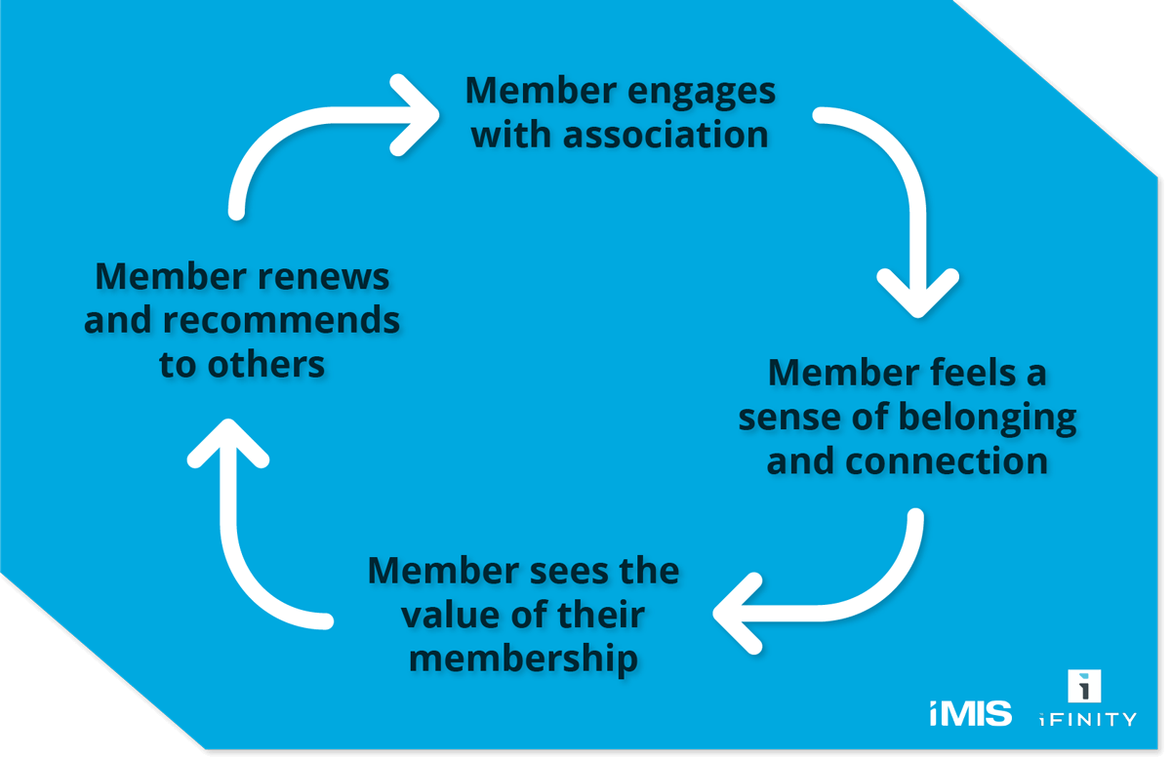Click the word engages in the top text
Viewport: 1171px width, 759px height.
(702, 92)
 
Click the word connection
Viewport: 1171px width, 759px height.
(947, 459)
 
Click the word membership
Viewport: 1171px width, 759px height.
(523, 659)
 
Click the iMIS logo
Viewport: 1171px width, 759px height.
(970, 713)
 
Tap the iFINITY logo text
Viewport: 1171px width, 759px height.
(1088, 719)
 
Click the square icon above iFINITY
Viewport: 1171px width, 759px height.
(1085, 686)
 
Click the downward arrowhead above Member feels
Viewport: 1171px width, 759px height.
(917, 293)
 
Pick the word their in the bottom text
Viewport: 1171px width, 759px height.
(597, 616)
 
